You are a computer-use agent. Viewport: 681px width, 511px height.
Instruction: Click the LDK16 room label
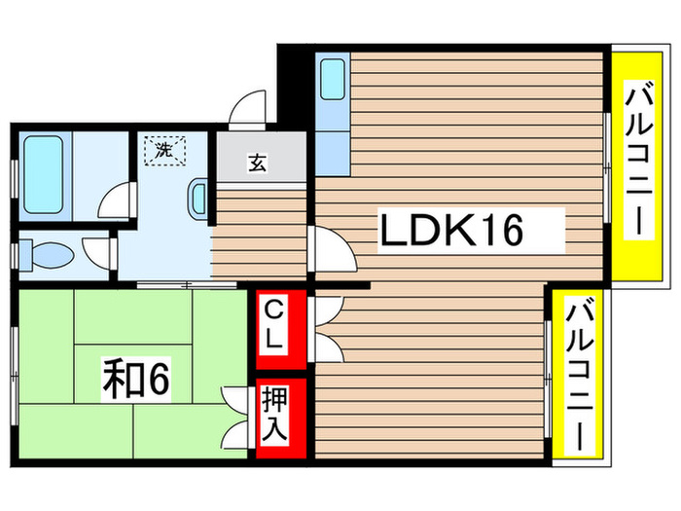point(451,231)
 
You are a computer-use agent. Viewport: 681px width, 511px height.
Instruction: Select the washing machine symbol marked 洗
point(161,151)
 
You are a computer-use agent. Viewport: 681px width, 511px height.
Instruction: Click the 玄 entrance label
point(256,164)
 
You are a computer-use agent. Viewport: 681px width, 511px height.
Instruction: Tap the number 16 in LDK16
point(502,231)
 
